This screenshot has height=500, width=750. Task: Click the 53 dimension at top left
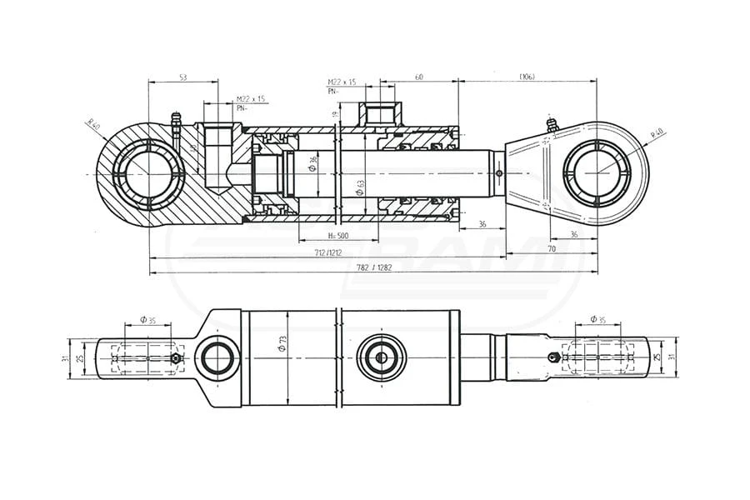pyautogui.click(x=182, y=77)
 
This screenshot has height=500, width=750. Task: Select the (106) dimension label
pyautogui.click(x=526, y=77)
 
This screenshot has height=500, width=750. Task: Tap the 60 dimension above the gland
pyautogui.click(x=418, y=77)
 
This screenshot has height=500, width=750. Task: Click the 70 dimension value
pyautogui.click(x=551, y=248)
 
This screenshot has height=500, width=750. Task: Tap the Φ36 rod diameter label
pyautogui.click(x=312, y=163)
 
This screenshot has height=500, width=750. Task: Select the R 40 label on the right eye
pyautogui.click(x=656, y=134)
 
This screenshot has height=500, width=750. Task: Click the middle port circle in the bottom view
pyautogui.click(x=382, y=358)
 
